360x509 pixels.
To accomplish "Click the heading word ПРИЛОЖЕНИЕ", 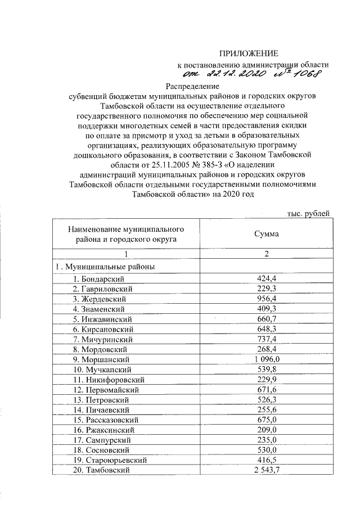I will [249, 54].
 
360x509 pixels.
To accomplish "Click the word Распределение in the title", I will [191, 86].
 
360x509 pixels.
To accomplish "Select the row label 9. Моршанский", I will [101, 359].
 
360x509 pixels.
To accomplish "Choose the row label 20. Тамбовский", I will [101, 470].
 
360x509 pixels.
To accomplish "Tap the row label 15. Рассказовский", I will [105, 420].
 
